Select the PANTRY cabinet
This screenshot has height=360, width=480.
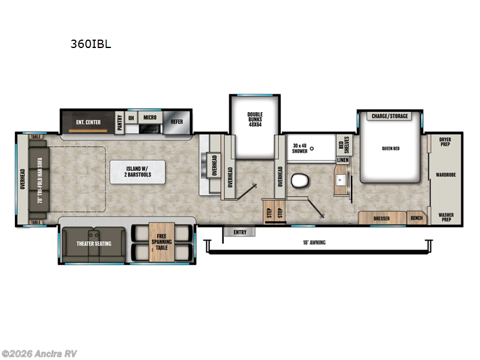[120, 122]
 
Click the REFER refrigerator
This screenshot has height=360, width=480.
[176, 121]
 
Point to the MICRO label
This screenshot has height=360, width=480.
[149, 118]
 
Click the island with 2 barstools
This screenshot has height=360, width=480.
[138, 171]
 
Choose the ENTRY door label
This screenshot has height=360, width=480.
[240, 232]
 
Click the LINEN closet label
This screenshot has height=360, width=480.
[343, 160]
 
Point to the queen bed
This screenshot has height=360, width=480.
[391, 149]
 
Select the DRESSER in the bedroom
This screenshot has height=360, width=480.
[382, 218]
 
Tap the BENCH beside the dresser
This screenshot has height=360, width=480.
[416, 218]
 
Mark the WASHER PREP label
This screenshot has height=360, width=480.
[445, 217]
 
